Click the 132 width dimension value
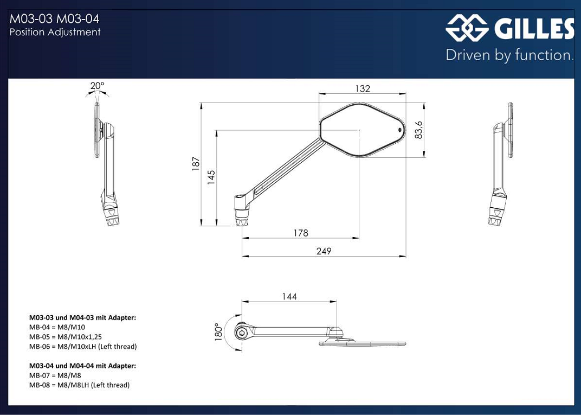363,88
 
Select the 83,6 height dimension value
419,130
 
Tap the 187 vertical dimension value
196,163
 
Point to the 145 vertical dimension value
211,177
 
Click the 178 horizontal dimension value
300,233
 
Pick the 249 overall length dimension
324,251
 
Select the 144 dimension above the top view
289,297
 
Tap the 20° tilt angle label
97,86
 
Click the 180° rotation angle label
218,332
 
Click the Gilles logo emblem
467,28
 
